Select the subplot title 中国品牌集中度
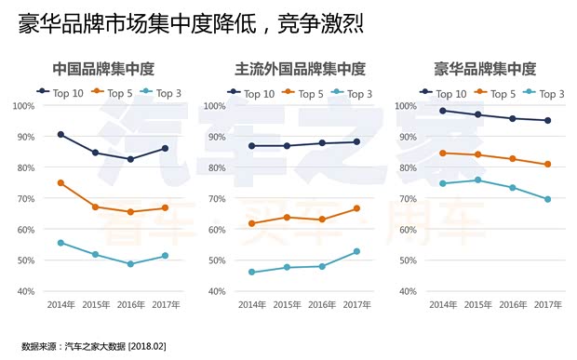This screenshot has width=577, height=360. click(102, 69)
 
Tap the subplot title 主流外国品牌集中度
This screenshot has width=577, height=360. click(301, 69)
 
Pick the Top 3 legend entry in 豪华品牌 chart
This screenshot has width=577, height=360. click(544, 93)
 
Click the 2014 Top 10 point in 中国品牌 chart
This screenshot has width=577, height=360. click(60, 135)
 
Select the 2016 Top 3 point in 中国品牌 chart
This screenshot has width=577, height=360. click(130, 264)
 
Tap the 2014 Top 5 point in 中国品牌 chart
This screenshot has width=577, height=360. click(60, 183)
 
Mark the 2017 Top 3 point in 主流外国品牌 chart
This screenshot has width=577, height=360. click(356, 251)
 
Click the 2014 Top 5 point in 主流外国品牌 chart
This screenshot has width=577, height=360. click(251, 223)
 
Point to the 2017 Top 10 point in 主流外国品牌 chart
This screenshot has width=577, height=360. click(356, 141)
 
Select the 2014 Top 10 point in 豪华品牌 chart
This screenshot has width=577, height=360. click(443, 111)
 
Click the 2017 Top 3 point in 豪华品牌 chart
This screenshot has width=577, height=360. click(547, 199)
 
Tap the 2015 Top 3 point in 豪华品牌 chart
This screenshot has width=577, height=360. click(477, 180)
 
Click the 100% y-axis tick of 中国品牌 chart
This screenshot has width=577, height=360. click(23, 105)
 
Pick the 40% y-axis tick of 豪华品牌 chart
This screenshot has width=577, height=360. click(406, 291)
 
